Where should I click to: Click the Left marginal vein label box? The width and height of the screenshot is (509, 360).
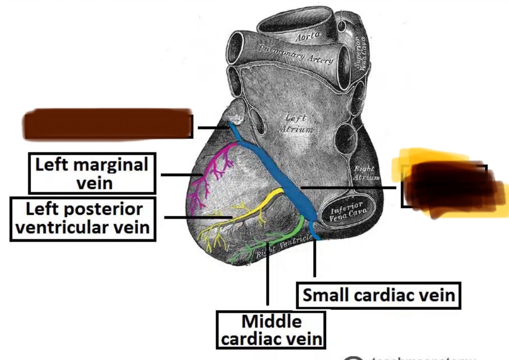tap(92, 174)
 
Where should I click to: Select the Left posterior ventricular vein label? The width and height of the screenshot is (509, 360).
tap(83, 219)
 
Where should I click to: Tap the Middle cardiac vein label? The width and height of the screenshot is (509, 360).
tap(271, 330)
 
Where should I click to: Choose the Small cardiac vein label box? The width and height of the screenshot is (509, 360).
tap(379, 295)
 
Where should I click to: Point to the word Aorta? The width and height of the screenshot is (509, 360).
tap(308, 37)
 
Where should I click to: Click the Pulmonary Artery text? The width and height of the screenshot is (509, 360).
tap(296, 54)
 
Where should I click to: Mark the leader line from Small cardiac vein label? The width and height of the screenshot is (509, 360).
tap(314, 259)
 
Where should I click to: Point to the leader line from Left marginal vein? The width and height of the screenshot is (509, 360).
tap(179, 175)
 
